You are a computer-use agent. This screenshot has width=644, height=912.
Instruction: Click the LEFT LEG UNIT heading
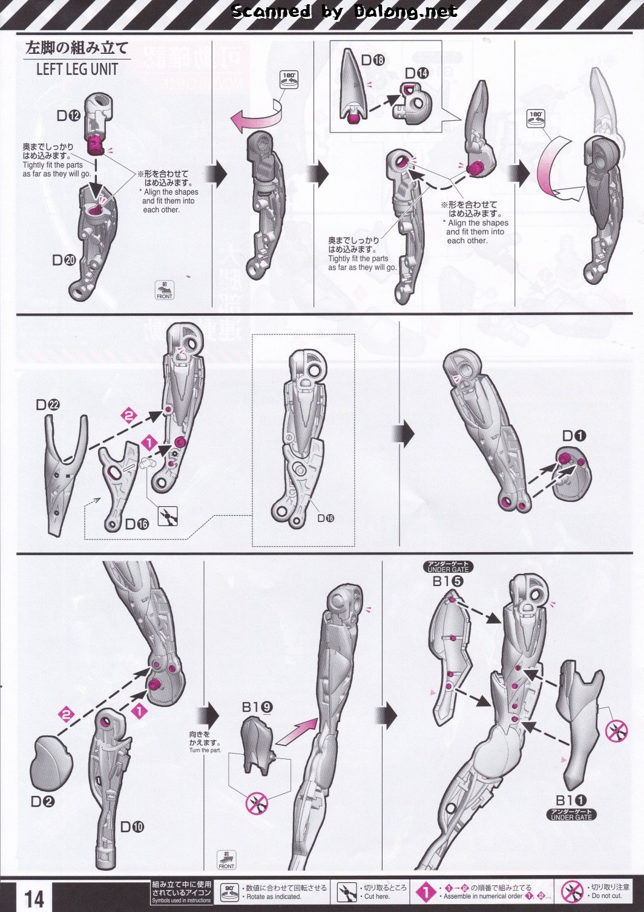(76, 69)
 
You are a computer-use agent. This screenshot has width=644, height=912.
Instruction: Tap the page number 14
(34, 897)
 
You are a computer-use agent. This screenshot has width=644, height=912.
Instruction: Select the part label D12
(68, 115)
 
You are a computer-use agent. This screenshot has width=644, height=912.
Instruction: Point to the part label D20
(64, 260)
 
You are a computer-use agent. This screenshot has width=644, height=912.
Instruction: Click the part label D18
(373, 60)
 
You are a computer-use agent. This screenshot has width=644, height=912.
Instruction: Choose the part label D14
(416, 73)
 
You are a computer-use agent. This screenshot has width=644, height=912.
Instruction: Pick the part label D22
(47, 405)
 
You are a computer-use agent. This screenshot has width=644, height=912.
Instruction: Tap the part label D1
(574, 435)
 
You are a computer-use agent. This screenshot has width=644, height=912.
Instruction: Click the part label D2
(42, 802)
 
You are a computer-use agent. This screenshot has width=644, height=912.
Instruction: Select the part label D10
(132, 827)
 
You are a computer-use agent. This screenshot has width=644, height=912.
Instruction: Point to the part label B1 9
(257, 706)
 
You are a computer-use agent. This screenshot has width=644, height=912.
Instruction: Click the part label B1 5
(448, 581)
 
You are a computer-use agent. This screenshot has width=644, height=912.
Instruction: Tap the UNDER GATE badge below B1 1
(571, 815)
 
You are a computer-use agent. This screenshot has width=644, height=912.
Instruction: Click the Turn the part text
(205, 751)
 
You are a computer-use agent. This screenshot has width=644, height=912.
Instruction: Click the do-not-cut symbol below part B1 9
(257, 803)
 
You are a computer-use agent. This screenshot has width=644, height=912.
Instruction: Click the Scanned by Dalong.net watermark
(345, 11)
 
